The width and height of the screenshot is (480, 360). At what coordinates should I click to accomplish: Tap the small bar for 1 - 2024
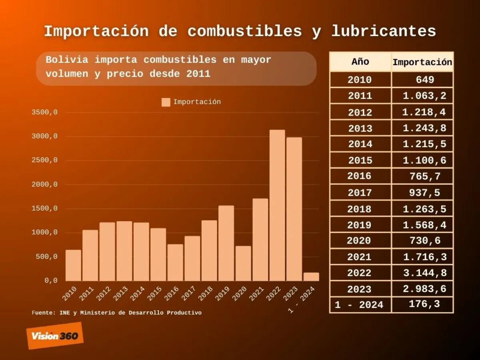click(311, 277)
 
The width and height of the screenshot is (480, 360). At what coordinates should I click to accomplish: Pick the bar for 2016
click(175, 262)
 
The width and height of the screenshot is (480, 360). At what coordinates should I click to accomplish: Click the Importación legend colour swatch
click(166, 102)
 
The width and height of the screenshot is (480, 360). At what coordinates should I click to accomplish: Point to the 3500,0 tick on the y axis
click(45, 112)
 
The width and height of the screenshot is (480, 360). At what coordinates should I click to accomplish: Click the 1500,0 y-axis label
click(45, 208)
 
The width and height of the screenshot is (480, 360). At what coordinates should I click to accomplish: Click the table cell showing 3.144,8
click(424, 273)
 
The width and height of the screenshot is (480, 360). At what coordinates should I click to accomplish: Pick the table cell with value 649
click(424, 80)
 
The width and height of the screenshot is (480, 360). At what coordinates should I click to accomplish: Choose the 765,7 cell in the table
click(424, 176)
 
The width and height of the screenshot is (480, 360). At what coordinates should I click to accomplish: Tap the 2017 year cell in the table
click(360, 193)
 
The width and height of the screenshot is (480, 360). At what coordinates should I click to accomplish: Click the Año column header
click(360, 62)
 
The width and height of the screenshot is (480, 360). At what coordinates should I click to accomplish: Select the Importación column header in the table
click(422, 62)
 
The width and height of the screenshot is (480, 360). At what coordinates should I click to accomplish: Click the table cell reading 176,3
click(424, 304)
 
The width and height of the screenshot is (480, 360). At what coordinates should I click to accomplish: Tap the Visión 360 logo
click(55, 336)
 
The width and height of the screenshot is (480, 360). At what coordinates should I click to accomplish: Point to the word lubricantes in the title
click(384, 31)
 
